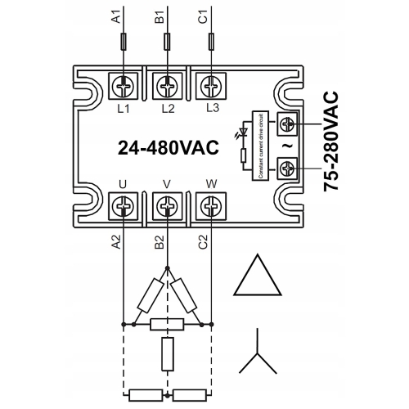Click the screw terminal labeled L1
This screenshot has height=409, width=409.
pyautogui.click(x=124, y=84)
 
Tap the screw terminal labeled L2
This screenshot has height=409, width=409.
pyautogui.click(x=167, y=84)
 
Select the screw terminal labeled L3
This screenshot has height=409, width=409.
pyautogui.click(x=211, y=84)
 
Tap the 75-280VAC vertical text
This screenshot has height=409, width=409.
pyautogui.click(x=332, y=142)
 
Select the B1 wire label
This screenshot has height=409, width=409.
pyautogui.click(x=160, y=15)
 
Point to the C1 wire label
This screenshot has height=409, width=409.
pyautogui.click(x=204, y=15)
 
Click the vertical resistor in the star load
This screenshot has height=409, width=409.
pyautogui.click(x=167, y=353)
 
